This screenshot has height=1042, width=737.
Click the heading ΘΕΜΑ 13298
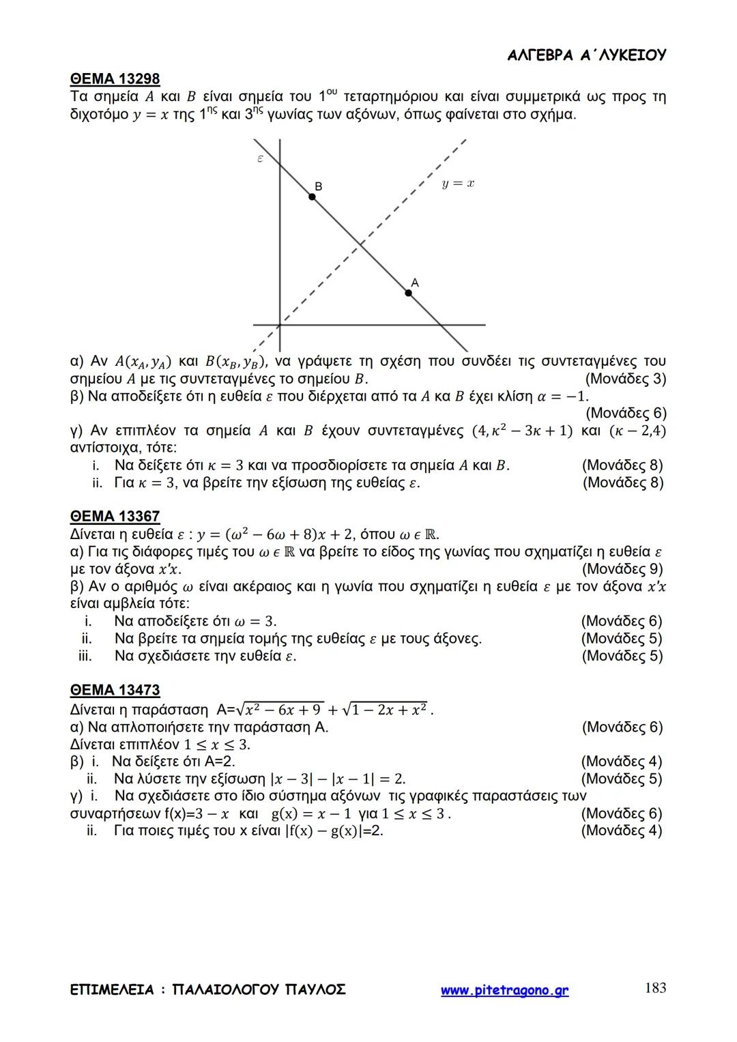115,79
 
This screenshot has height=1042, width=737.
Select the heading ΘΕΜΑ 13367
115,517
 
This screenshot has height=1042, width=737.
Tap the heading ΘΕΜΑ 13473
115,691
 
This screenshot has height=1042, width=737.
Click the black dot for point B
313,197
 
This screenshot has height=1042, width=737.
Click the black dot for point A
409,293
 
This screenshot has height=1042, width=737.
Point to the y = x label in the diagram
458,184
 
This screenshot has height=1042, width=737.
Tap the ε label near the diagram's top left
260,159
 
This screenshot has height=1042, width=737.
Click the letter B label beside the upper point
319,186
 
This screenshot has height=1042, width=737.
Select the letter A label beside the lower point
414,282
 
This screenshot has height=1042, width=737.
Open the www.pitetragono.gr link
504,991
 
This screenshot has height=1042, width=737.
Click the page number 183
655,988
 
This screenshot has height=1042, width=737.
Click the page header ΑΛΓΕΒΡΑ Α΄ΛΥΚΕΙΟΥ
587,56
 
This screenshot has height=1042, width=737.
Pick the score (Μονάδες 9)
622,569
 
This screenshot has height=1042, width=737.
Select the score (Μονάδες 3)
625,379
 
